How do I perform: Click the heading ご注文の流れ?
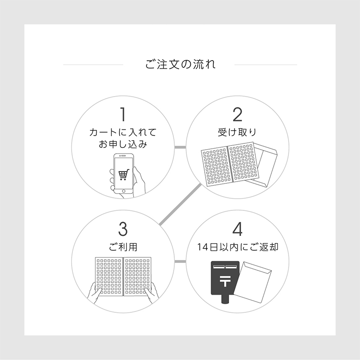(x=180, y=64)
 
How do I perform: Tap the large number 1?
(x=123, y=115)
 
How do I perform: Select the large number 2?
(x=238, y=115)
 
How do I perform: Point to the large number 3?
(x=123, y=229)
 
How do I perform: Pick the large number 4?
(x=238, y=229)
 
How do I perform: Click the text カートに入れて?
(x=123, y=132)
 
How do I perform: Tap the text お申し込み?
(x=123, y=144)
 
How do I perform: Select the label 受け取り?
(x=237, y=132)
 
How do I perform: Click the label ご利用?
(x=123, y=247)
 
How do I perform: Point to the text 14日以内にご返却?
(x=238, y=247)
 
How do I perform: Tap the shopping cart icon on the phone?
(x=124, y=175)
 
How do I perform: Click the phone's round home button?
(x=124, y=191)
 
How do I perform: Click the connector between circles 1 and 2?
(x=180, y=147)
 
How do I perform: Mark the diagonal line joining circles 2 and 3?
(x=180, y=204)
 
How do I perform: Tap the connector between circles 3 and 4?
(x=180, y=262)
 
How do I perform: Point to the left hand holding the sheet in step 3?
(x=94, y=293)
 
